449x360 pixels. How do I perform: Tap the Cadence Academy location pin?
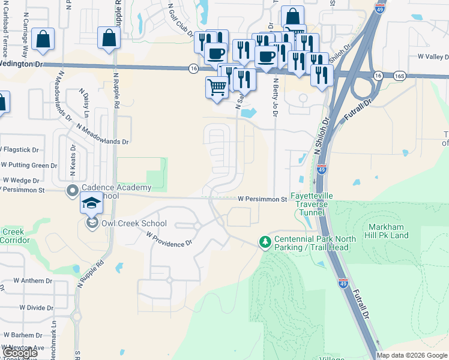click(73, 191)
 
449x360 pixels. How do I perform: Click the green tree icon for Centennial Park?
click(264, 242)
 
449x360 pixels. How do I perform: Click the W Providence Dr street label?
click(169, 239)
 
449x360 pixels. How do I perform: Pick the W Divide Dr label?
click(36, 307)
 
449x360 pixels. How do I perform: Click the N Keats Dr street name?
click(72, 160)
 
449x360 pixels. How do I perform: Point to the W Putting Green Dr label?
click(29, 165)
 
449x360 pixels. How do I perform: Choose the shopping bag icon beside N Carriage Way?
click(44, 40)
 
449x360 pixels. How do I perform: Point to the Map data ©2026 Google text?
click(411, 355)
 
